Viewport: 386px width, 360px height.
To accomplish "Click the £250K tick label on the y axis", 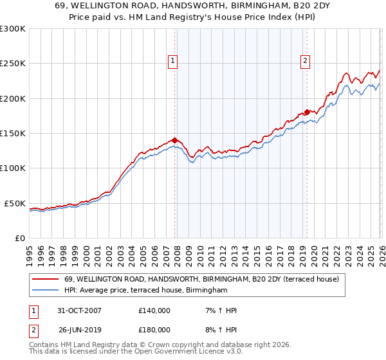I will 13,64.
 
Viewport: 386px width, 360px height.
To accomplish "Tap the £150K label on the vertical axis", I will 13,134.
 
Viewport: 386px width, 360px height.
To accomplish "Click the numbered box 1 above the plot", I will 174,61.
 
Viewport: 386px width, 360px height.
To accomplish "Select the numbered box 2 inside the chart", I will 305,61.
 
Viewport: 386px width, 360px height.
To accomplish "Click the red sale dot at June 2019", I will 307,112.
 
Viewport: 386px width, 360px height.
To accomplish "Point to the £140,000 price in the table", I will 154,310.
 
